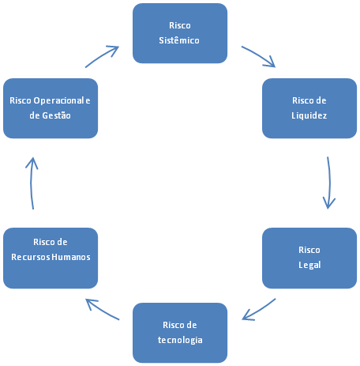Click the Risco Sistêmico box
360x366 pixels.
pyautogui.click(x=180, y=32)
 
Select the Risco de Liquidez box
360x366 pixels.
pyautogui.click(x=309, y=108)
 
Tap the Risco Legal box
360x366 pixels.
pyautogui.click(x=309, y=258)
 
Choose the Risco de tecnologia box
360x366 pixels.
pyautogui.click(x=181, y=332)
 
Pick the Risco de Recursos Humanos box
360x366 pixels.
pyautogui.click(x=51, y=258)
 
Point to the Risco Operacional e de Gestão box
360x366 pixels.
pyautogui.click(x=51, y=108)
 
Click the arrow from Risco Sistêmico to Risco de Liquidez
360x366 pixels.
pyautogui.click(x=259, y=57)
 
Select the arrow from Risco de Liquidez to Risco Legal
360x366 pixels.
pyautogui.click(x=327, y=183)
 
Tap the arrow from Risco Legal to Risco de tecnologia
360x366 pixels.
pyautogui.click(x=258, y=310)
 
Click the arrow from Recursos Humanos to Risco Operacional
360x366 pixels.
pyautogui.click(x=32, y=183)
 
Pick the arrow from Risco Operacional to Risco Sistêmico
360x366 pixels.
pyautogui.click(x=103, y=57)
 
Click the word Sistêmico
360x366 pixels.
pyautogui.click(x=179, y=40)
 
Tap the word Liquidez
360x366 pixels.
pyautogui.click(x=309, y=115)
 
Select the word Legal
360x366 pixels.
pyautogui.click(x=309, y=266)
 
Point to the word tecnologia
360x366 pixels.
pyautogui.click(x=181, y=340)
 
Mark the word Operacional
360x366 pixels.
pyautogui.click(x=57, y=100)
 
